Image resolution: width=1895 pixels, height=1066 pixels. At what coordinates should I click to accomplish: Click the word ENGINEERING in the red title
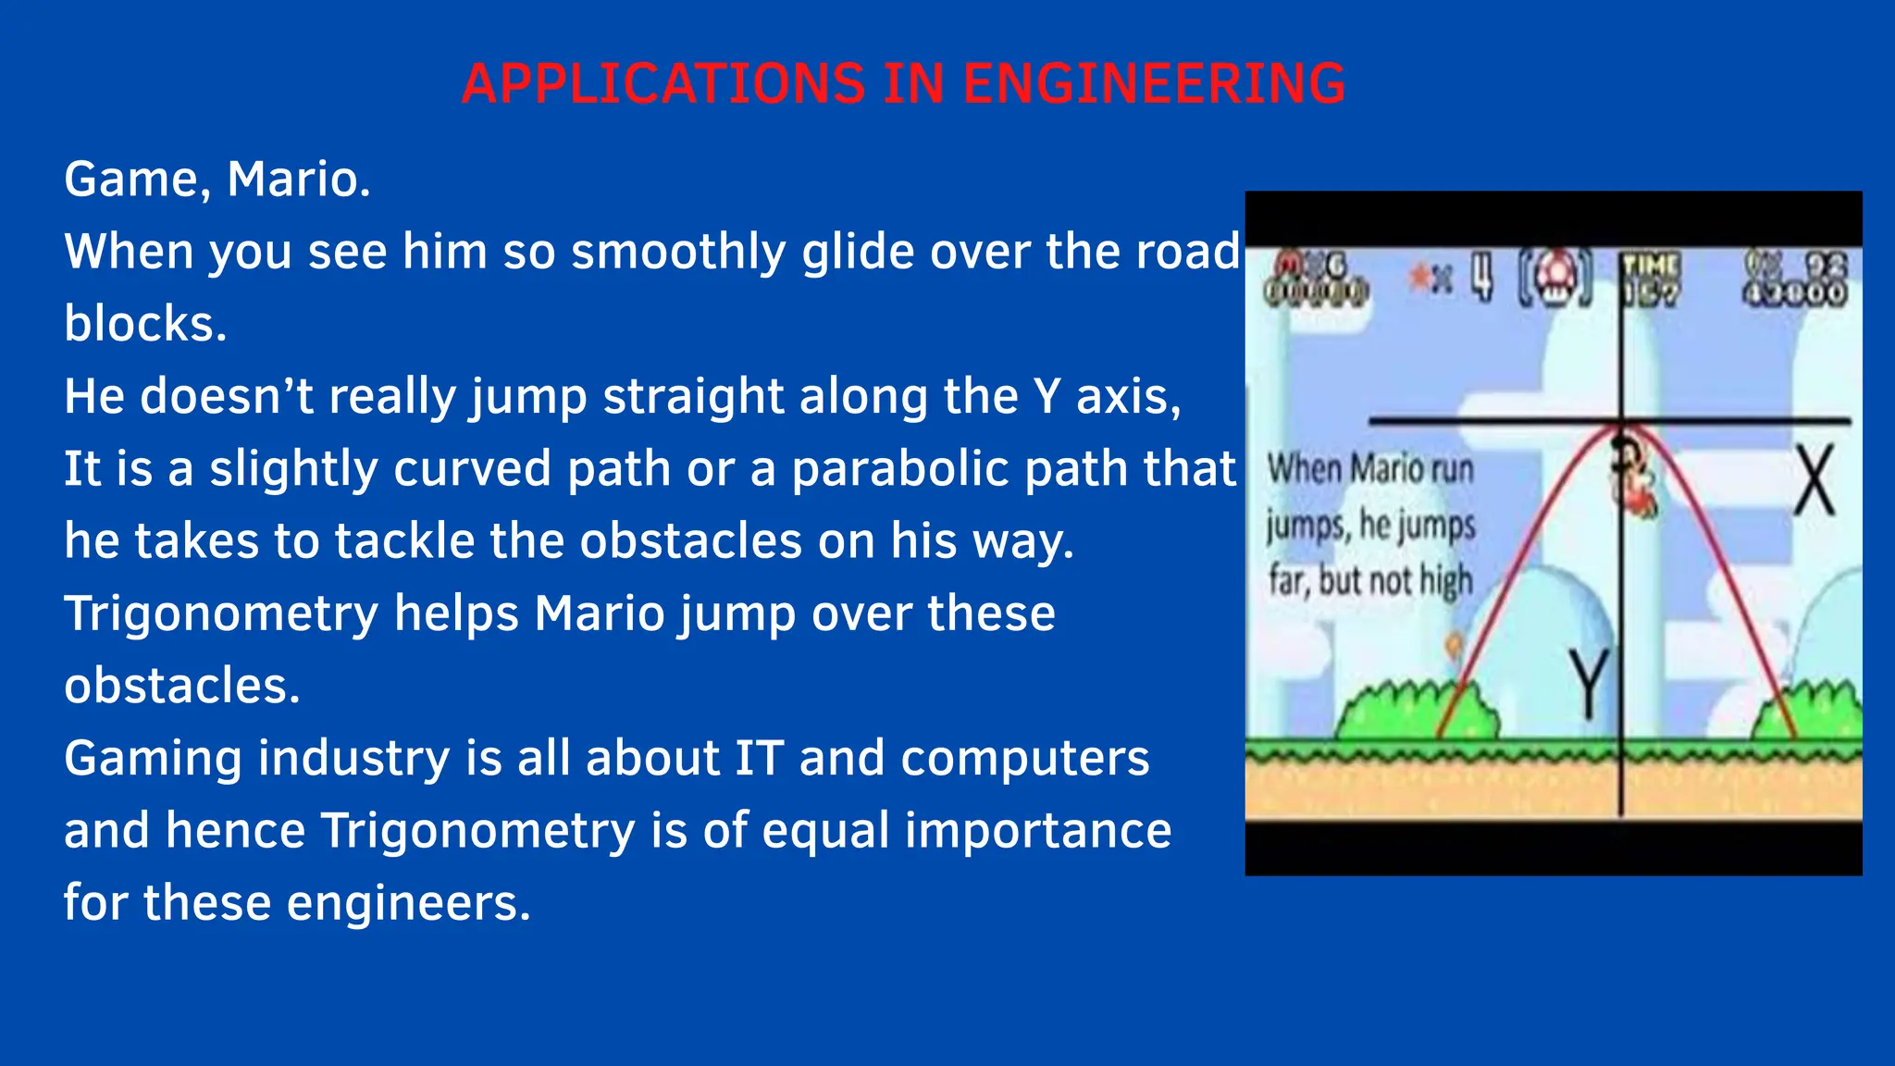(1154, 84)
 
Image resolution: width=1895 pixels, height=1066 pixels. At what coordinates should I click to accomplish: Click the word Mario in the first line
(298, 180)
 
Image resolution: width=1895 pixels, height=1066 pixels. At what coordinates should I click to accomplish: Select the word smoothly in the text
(678, 252)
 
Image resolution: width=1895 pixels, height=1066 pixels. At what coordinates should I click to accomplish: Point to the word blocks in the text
(144, 324)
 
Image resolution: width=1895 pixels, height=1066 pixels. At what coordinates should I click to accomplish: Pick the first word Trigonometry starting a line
(221, 614)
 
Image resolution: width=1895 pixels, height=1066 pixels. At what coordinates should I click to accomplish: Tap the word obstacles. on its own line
(181, 686)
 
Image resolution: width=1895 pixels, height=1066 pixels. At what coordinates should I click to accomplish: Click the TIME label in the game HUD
(1651, 266)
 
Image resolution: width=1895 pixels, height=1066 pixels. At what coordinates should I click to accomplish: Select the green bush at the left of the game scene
(1416, 711)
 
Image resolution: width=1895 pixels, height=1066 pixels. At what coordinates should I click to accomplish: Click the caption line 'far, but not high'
(1370, 581)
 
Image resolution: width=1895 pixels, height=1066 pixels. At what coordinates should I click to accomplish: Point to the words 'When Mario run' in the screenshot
(1369, 469)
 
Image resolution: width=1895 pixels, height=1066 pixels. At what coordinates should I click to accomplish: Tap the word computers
(1024, 759)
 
